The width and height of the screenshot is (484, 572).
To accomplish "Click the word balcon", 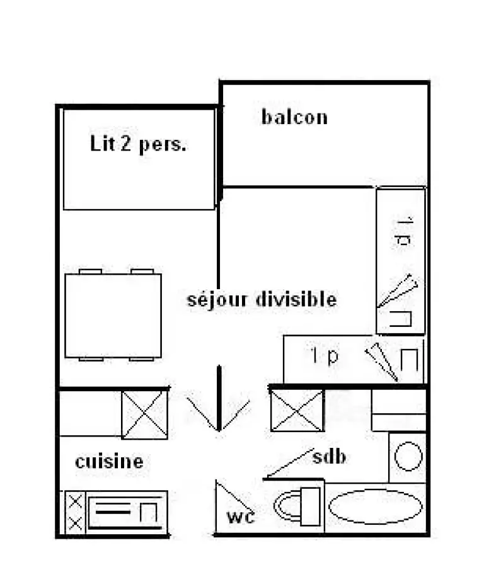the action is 294,117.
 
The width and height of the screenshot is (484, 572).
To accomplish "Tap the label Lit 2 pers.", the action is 138,144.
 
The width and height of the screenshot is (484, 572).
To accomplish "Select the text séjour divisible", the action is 262,299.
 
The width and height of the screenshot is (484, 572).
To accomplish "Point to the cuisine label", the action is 109,462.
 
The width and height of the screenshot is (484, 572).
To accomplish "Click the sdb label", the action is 329,456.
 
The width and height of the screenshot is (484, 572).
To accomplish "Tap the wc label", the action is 241,517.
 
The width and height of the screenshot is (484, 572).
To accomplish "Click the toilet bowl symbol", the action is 297,506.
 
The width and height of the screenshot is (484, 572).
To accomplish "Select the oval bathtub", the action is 375,506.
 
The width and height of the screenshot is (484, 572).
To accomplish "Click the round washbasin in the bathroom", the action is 408,456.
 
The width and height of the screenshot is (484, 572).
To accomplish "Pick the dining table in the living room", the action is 113,316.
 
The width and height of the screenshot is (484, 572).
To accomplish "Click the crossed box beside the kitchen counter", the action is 144,415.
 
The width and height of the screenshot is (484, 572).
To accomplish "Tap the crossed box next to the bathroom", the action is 297,411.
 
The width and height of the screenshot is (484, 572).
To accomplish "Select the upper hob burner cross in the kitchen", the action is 76,501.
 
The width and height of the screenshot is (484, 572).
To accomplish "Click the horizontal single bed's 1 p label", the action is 325,356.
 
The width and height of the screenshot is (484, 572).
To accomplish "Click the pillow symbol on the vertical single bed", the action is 401,319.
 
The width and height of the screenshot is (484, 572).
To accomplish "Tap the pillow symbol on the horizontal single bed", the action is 409,360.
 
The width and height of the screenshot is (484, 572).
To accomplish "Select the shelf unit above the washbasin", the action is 398,411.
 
